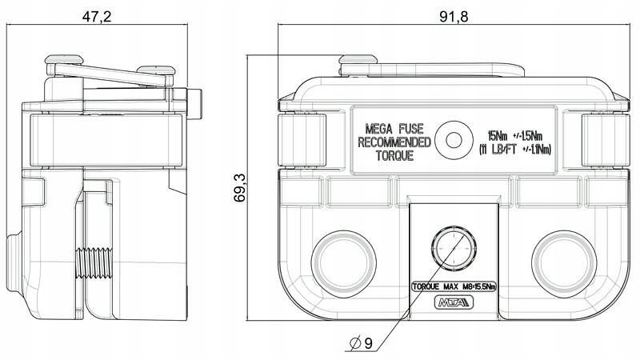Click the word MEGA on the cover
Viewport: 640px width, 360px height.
pos(381,128)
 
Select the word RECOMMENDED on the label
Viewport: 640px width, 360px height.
pos(394,142)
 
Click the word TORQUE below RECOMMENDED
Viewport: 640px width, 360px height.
pos(394,157)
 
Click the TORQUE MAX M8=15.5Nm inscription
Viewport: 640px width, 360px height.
pos(453,285)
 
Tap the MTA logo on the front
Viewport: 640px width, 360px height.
pos(453,302)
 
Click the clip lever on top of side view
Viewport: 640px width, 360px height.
pos(112,75)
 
